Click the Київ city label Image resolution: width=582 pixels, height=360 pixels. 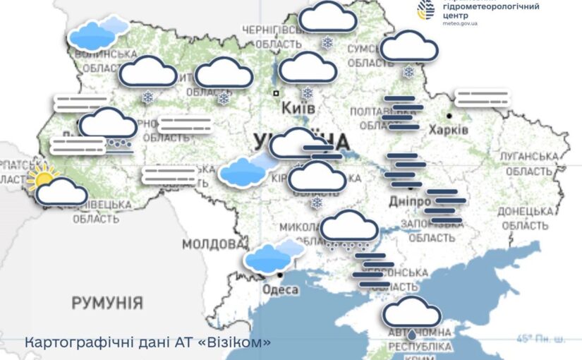point(298,109)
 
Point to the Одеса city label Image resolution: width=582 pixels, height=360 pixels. point(279,289)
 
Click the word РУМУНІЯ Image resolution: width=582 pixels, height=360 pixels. point(107,304)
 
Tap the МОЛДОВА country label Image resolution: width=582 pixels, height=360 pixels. point(212,244)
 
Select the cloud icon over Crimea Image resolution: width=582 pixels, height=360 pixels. point(412,312)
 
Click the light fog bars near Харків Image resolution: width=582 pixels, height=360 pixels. point(483,98)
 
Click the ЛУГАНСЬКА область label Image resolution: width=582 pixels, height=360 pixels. point(526,163)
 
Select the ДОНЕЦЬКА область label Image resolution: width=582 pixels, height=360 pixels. point(523,217)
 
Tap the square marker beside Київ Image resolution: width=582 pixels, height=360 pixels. point(276,92)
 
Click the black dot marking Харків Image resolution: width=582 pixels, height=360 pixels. point(449,115)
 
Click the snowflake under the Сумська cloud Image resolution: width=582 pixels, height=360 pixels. point(408,71)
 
